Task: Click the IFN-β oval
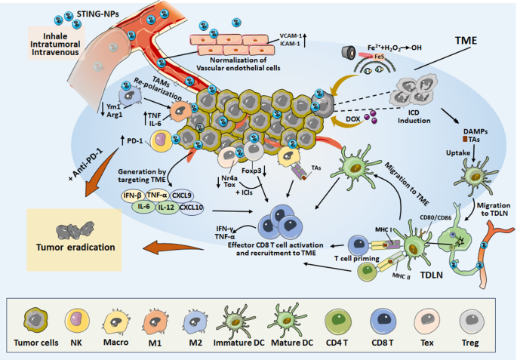click(129, 195)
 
